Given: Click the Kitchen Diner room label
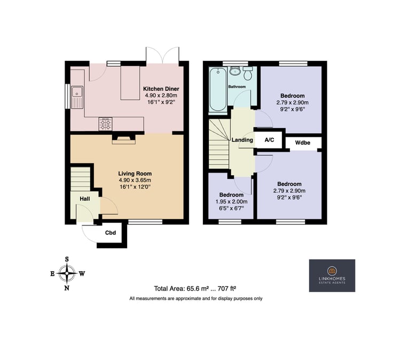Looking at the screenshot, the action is [x=161, y=89].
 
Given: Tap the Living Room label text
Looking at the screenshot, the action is [x=135, y=174].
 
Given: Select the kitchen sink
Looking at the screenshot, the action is [x=77, y=97].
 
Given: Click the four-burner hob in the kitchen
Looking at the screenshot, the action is [x=105, y=124].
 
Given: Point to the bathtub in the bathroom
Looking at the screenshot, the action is [x=218, y=89].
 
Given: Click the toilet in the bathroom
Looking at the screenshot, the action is [x=247, y=73].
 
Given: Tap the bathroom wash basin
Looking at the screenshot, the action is [x=235, y=71].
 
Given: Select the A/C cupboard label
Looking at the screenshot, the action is [x=269, y=140].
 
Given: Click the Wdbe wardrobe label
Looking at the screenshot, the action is [x=303, y=143].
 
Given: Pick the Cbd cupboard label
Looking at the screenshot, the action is [x=111, y=232].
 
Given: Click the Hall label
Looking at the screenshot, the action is [x=85, y=199].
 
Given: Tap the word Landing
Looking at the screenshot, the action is [x=242, y=140].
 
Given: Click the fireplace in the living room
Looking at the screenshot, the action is [x=124, y=139].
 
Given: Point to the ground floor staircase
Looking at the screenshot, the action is [x=80, y=179].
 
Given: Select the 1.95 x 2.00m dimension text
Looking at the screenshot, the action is [x=231, y=202].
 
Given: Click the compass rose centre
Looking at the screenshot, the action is [x=67, y=273].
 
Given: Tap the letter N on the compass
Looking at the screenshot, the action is [x=67, y=288].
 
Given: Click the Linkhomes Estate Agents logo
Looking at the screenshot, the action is [x=332, y=276].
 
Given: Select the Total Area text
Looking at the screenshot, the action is [x=195, y=288].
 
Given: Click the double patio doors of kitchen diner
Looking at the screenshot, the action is [x=163, y=56].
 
